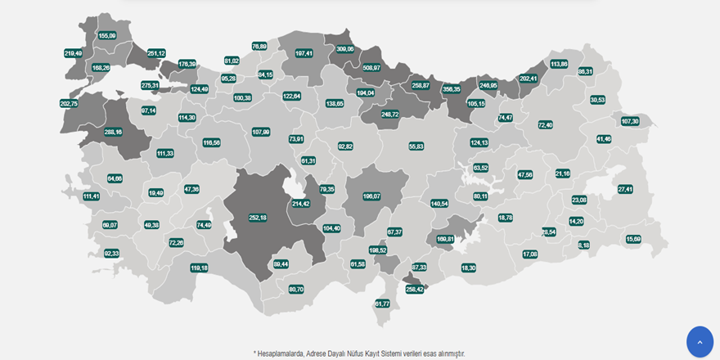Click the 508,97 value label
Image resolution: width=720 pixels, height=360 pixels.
(x=371, y=68)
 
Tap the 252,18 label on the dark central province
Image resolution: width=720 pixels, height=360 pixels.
(x=258, y=218)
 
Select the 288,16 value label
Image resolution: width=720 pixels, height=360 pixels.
(x=113, y=132)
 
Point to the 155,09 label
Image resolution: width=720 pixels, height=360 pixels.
(x=107, y=35)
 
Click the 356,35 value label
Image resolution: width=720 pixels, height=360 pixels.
(x=452, y=89)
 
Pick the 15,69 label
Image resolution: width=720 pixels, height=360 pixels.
(x=633, y=239)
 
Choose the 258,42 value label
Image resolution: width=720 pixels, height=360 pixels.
(x=415, y=289)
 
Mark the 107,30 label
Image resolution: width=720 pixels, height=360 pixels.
(x=630, y=121)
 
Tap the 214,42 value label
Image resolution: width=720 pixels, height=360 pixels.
(x=301, y=204)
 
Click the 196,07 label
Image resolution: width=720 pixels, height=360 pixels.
(x=371, y=196)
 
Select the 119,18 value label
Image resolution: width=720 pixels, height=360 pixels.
(x=199, y=268)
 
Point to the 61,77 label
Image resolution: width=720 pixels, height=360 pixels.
(x=382, y=304)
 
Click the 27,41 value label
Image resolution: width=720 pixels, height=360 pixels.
(x=625, y=189)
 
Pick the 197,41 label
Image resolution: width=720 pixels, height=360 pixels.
(x=304, y=53)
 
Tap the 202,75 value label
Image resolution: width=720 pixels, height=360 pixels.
(x=69, y=104)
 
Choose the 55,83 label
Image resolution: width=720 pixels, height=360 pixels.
(x=416, y=146)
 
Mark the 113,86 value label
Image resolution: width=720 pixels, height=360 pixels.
(x=559, y=64)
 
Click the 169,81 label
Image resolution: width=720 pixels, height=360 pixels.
(x=445, y=239)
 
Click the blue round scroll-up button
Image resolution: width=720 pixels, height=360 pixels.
(x=700, y=341)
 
